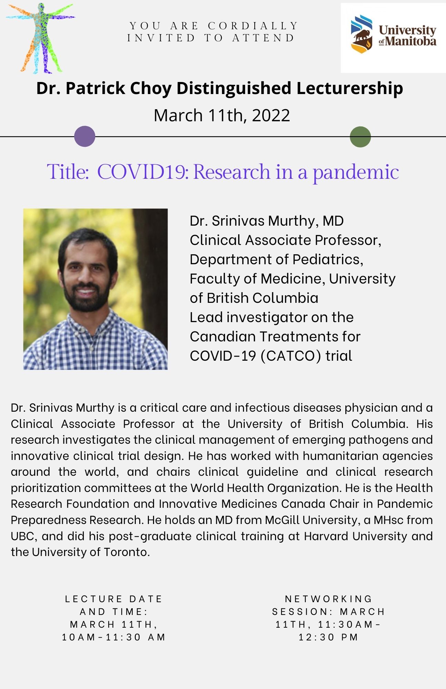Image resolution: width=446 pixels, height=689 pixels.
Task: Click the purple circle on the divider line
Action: [84, 136]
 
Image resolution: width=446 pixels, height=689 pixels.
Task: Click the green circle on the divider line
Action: [360, 137]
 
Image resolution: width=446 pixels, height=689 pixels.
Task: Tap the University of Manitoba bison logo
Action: [362, 34]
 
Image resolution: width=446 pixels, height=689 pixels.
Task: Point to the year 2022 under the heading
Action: [271, 115]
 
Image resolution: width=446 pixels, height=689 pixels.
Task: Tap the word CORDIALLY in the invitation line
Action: [253, 26]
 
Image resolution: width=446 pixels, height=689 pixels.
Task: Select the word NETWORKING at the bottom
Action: [328, 599]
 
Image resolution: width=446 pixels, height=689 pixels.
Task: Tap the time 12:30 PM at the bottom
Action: [328, 637]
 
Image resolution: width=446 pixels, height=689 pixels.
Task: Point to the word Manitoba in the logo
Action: [411, 42]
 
